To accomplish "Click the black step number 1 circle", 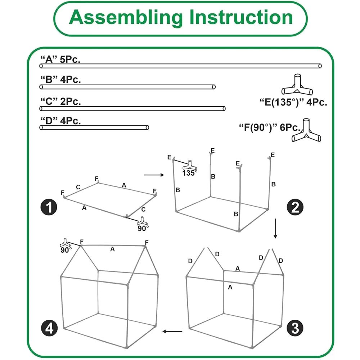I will tap(49, 207).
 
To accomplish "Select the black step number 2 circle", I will tap(295, 207).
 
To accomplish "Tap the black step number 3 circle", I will tap(295, 328).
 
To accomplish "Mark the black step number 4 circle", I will tap(49, 328).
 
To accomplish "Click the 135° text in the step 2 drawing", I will tap(190, 173).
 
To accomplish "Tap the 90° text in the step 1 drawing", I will tap(143, 228).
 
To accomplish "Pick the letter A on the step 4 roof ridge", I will tap(112, 249).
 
